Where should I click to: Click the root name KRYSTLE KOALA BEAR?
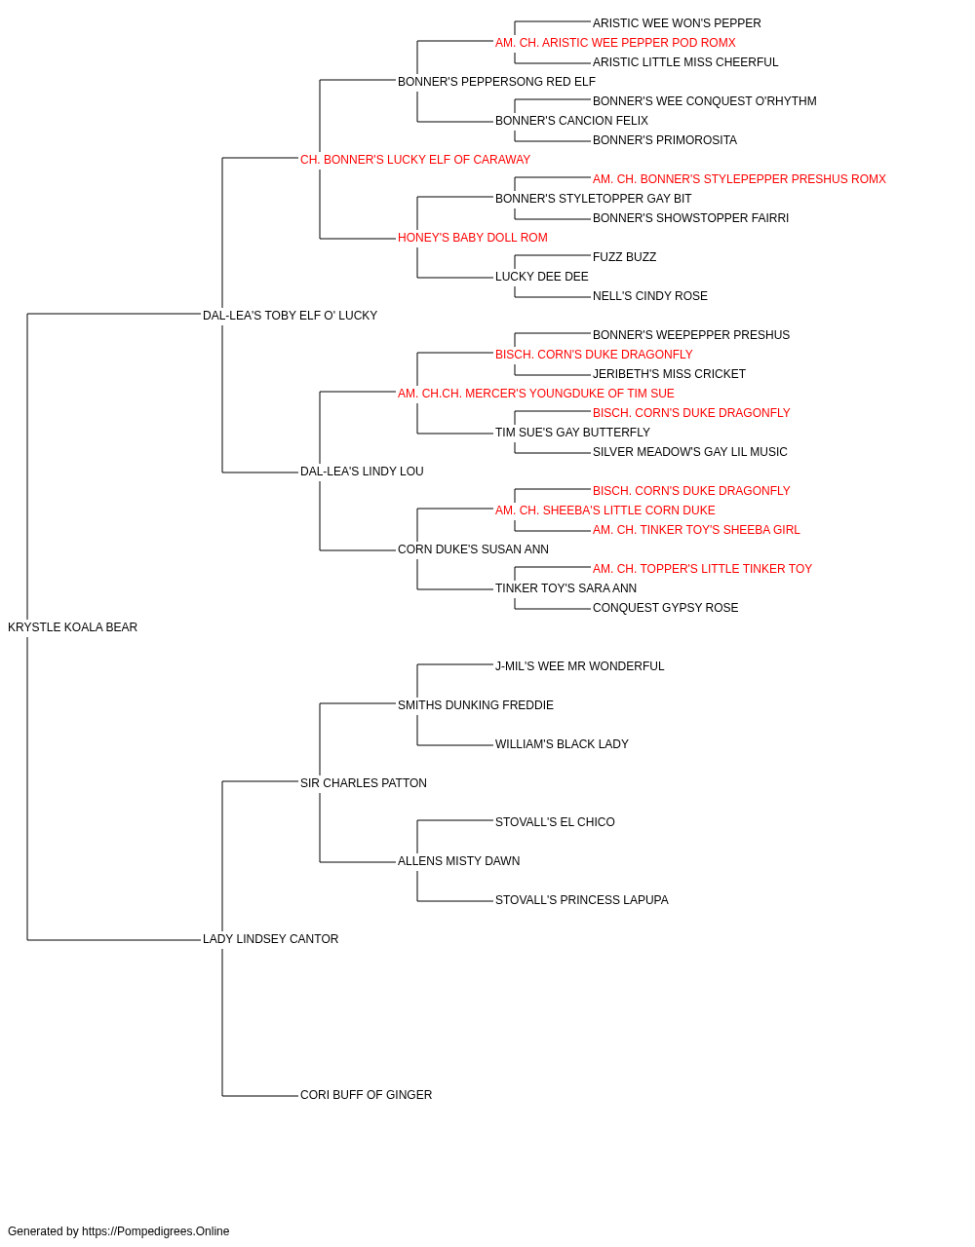pos(73,627)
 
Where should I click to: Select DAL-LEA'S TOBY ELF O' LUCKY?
pos(290,316)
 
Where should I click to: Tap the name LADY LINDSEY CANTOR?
pos(270,939)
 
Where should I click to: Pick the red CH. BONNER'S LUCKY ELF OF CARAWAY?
pos(415,160)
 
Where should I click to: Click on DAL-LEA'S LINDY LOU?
pos(362,472)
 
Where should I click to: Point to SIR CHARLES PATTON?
pos(364,783)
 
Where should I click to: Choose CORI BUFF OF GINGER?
pos(366,1095)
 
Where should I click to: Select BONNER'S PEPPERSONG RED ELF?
pos(496,82)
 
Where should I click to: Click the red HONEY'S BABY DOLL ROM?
pos(473,238)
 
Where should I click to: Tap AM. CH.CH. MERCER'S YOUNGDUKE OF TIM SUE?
pos(535,394)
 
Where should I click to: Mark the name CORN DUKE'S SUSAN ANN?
pos(473,549)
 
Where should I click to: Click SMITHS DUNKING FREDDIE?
pos(476,705)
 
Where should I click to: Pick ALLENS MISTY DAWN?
pos(459,861)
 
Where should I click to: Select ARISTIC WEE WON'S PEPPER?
pos(677,23)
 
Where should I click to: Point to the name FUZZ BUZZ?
pos(625,257)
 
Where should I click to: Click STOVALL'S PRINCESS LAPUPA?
pos(582,900)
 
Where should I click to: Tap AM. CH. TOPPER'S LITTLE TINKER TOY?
pos(702,569)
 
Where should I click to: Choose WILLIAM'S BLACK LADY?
pos(563,744)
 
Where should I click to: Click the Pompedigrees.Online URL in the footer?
pos(156,1231)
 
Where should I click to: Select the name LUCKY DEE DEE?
pos(542,277)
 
